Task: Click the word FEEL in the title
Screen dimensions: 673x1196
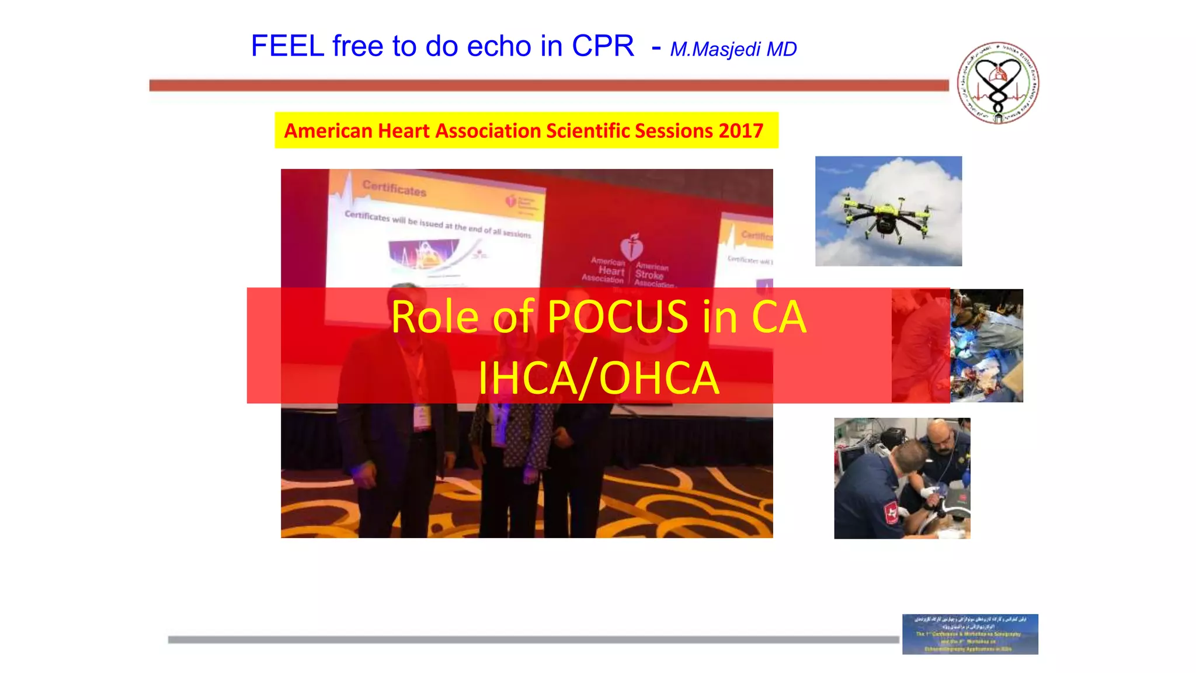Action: tap(287, 46)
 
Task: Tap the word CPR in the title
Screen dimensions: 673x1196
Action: tap(603, 46)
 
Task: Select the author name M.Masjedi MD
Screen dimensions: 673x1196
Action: tap(733, 50)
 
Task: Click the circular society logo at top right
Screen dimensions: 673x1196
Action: tap(998, 83)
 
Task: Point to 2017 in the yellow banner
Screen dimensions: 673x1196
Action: tap(741, 131)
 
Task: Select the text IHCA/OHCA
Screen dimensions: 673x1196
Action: tap(598, 379)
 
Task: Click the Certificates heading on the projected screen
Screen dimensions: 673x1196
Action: tap(394, 188)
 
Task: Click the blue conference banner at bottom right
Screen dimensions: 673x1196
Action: tap(969, 634)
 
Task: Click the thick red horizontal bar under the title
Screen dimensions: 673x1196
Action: tap(549, 86)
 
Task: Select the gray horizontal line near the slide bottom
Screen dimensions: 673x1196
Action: tap(533, 640)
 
